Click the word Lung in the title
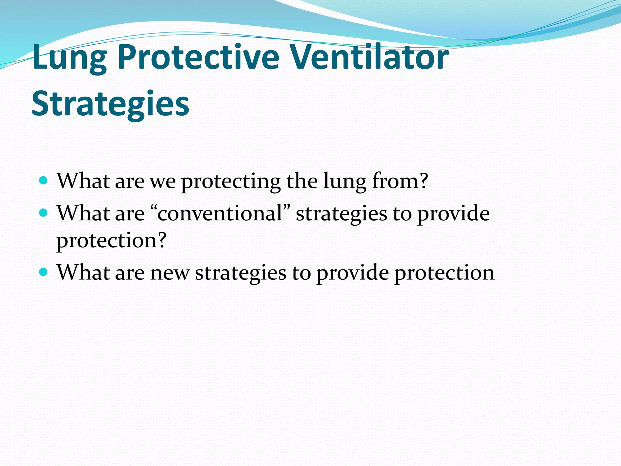coord(69,58)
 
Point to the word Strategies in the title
coord(110,104)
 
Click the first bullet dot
coord(44,181)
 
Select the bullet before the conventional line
coord(44,213)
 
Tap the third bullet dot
coord(44,272)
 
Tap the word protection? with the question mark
coord(111,240)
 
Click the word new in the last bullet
coord(170,272)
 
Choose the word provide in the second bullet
coord(453,214)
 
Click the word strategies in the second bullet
coord(341,214)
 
